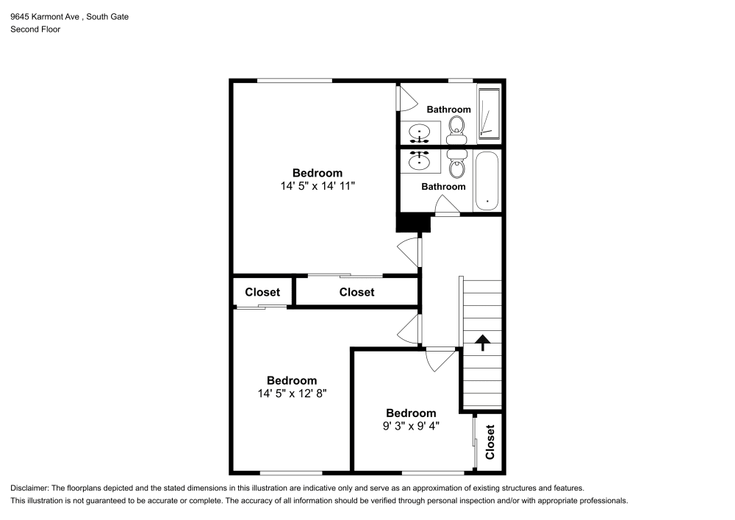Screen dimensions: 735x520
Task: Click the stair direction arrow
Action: coord(483,342)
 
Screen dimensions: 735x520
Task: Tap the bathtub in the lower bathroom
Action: coord(487,181)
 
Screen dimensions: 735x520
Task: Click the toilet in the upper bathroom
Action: coord(456,130)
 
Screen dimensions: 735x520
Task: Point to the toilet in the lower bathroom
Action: coord(456,164)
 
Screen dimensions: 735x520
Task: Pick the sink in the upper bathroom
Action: coord(419,132)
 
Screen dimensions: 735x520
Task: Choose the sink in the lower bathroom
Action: coord(419,161)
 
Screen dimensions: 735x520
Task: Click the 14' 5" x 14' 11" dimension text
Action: coord(318,186)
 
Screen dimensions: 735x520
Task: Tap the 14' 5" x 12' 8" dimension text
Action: coord(292,393)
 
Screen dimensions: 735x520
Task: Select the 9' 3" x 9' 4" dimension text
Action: coord(411,426)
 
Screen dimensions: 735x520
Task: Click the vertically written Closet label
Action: coord(490,442)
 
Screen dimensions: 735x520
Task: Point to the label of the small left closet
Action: coord(262,292)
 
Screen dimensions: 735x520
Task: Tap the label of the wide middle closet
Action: coord(356,292)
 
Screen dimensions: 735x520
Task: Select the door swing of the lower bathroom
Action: coord(446,205)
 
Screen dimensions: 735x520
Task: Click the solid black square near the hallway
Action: coord(413,223)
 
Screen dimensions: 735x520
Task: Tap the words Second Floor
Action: coord(35,29)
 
